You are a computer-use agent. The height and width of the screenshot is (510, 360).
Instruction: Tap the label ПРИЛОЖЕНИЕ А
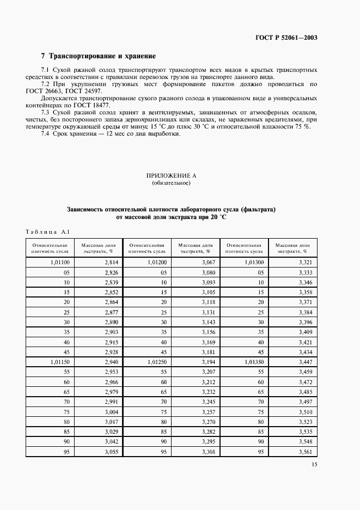[x=171, y=175]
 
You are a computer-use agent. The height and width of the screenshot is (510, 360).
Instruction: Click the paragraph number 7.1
[x=47, y=70]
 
